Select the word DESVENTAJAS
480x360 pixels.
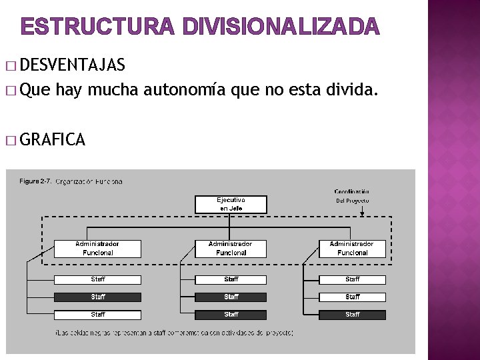click(73, 65)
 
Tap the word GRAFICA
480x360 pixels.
click(53, 139)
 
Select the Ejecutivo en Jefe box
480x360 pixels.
click(231, 204)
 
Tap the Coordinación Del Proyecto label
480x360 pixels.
click(353, 196)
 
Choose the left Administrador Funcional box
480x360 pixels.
click(98, 249)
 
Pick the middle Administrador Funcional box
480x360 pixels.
click(231, 249)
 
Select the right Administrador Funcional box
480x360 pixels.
click(352, 249)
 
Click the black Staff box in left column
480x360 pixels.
click(98, 297)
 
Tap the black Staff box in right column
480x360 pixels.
click(352, 314)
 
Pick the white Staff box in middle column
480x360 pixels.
click(231, 279)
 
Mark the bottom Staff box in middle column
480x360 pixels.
click(231, 314)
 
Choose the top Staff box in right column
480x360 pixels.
click(352, 279)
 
